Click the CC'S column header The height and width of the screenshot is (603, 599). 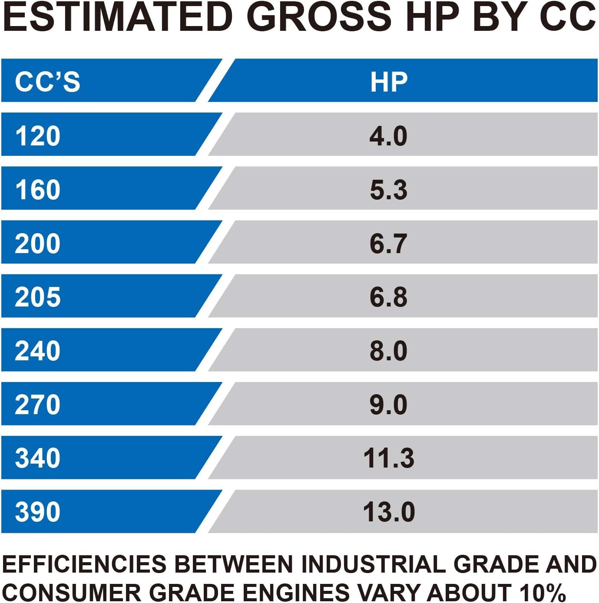coord(47,81)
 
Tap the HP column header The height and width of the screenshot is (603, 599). coord(389,81)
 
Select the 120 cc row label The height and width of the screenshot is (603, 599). coord(38,135)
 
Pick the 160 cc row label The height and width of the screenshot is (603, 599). coord(38,189)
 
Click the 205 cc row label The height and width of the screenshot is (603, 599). coord(38,297)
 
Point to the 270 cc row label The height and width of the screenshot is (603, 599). coord(38,404)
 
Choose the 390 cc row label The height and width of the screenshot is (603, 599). coord(38,511)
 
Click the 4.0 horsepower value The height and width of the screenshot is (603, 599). coord(388,135)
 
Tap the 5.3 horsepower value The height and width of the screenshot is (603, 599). coord(388,189)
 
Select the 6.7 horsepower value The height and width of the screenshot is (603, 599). coord(388,243)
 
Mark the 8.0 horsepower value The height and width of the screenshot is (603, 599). coord(388,350)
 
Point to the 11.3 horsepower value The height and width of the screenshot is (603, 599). coord(388,458)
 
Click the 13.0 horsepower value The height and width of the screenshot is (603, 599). coord(388,511)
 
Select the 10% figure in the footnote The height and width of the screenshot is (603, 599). coord(543,592)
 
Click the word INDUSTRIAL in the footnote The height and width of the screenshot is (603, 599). coord(373,564)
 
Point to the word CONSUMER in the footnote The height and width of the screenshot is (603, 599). coord(72,592)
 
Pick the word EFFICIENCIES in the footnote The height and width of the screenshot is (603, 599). coord(85,564)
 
